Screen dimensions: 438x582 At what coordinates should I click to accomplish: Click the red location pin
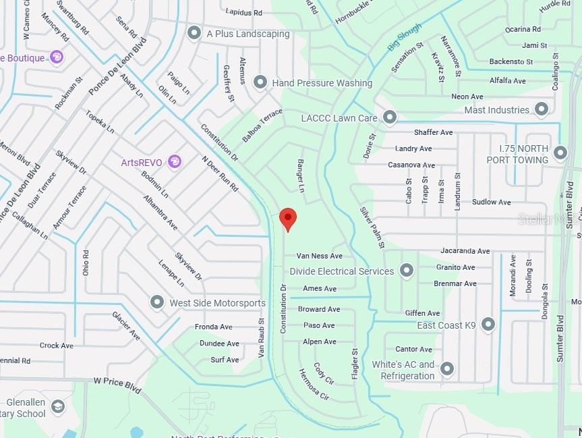click(x=288, y=218)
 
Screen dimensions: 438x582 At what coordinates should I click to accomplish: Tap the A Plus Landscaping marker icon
click(x=194, y=33)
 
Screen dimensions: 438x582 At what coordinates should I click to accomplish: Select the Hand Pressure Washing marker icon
click(x=260, y=82)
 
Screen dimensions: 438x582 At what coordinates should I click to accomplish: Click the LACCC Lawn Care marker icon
click(x=389, y=117)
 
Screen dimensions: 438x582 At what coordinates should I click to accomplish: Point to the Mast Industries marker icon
click(x=541, y=109)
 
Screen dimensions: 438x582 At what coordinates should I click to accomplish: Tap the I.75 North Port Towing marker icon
click(x=560, y=153)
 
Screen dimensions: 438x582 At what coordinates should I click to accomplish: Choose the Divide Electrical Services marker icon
click(x=406, y=271)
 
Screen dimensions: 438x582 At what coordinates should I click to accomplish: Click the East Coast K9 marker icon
click(x=488, y=325)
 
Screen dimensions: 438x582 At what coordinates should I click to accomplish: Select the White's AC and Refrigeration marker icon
click(x=446, y=369)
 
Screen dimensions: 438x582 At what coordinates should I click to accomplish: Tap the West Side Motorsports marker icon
click(x=157, y=302)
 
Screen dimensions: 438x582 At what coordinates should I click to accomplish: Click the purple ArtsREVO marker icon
click(x=175, y=161)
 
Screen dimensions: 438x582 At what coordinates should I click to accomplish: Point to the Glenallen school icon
click(x=58, y=406)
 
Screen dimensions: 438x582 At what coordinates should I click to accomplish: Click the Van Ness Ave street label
click(x=320, y=256)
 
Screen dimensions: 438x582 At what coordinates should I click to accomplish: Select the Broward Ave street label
click(x=319, y=309)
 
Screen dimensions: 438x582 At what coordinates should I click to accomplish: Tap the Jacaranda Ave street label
click(x=465, y=251)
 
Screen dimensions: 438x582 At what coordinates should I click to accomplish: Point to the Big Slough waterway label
click(x=404, y=38)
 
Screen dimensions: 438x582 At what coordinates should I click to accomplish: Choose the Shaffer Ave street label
click(x=433, y=132)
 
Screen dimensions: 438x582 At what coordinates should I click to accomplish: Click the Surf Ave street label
click(x=225, y=360)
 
